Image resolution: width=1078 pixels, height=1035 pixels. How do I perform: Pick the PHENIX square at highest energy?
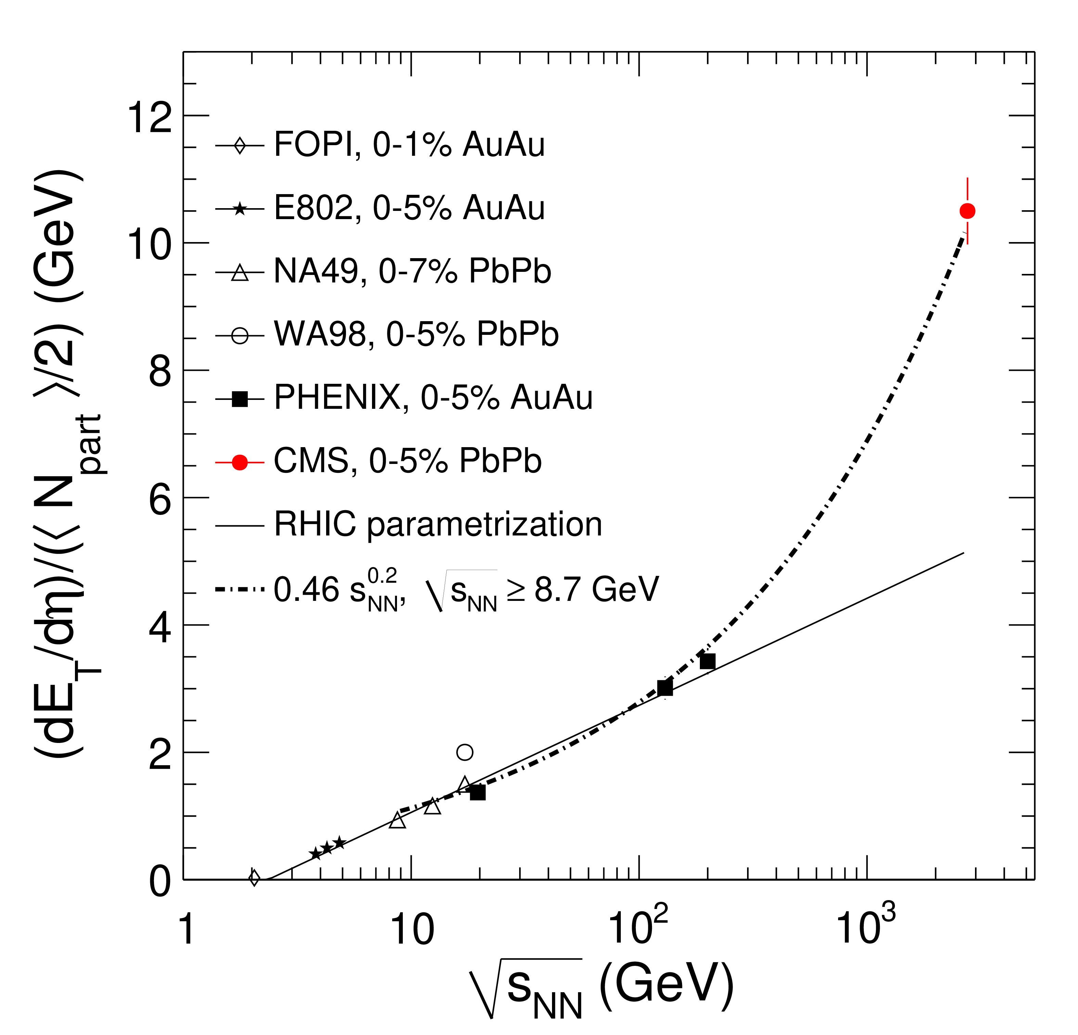pyautogui.click(x=707, y=661)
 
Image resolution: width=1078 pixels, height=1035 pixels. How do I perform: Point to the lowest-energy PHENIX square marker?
pyautogui.click(x=477, y=793)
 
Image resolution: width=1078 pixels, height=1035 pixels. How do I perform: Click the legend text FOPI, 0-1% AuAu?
pyautogui.click(x=409, y=145)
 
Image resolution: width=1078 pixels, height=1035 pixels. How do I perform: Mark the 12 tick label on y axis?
pyautogui.click(x=149, y=117)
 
